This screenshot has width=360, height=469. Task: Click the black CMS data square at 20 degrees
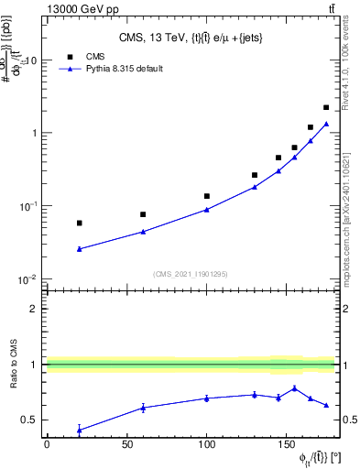click(80, 223)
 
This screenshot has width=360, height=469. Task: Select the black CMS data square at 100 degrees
click(207, 196)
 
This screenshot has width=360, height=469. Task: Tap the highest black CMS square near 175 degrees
click(326, 107)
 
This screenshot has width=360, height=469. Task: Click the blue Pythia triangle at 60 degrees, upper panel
click(143, 232)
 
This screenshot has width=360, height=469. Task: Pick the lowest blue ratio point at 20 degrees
click(80, 430)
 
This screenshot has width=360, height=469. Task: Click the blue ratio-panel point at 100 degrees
click(207, 398)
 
